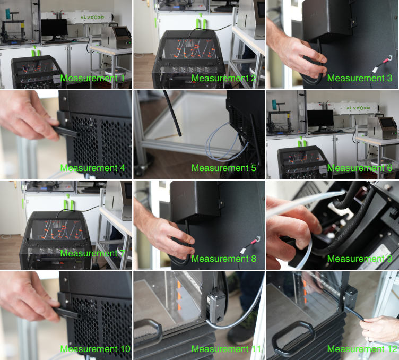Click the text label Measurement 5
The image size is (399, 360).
(224, 168)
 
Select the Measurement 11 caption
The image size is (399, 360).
(226, 349)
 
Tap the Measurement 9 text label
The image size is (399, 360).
(360, 259)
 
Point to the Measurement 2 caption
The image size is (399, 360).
(224, 78)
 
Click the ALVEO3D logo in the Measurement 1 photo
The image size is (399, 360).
(92, 18)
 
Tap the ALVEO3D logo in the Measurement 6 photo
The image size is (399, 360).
(358, 108)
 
